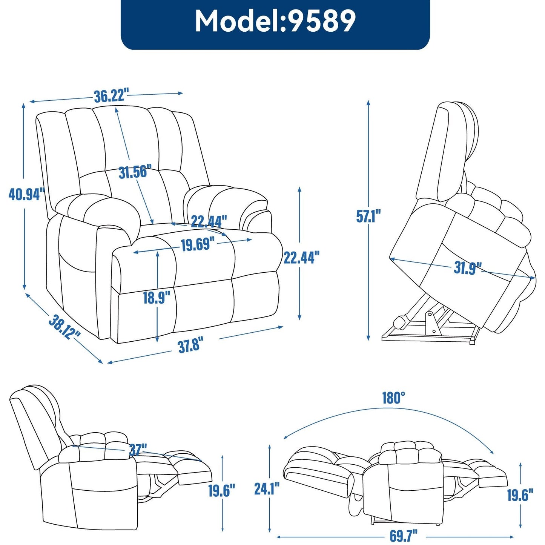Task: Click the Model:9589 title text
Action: (x=275, y=21)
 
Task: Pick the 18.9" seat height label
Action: (x=156, y=298)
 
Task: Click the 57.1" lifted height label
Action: (x=368, y=216)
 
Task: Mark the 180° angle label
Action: (x=393, y=398)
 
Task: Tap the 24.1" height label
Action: (x=267, y=488)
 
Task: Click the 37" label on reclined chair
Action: (x=138, y=450)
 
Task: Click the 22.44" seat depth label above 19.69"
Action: (x=209, y=221)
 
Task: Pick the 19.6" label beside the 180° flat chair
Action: (x=520, y=495)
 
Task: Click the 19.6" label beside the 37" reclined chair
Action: (x=221, y=490)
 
